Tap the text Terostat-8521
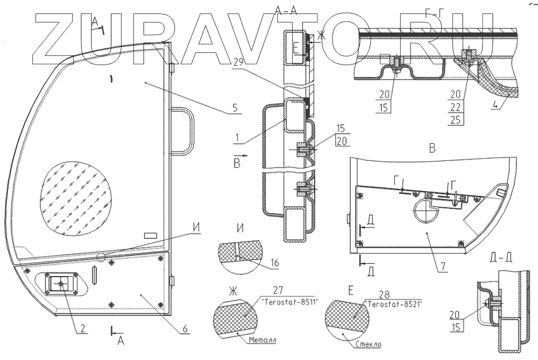tap(392, 303)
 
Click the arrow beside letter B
tap(244, 157)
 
